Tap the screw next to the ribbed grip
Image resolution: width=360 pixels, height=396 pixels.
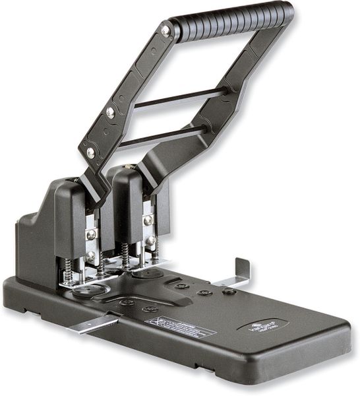165,30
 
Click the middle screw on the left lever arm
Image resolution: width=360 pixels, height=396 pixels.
110,112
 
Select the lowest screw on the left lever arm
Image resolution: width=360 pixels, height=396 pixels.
91,152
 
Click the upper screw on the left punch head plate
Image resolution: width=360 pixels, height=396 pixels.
91,234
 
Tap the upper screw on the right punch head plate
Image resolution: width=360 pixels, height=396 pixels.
148,220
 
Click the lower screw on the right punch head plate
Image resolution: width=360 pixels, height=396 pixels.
150,241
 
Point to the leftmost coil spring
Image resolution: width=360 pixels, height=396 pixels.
67,268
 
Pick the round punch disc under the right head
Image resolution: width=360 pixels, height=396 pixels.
150,273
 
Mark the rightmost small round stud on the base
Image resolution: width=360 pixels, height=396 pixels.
229,291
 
